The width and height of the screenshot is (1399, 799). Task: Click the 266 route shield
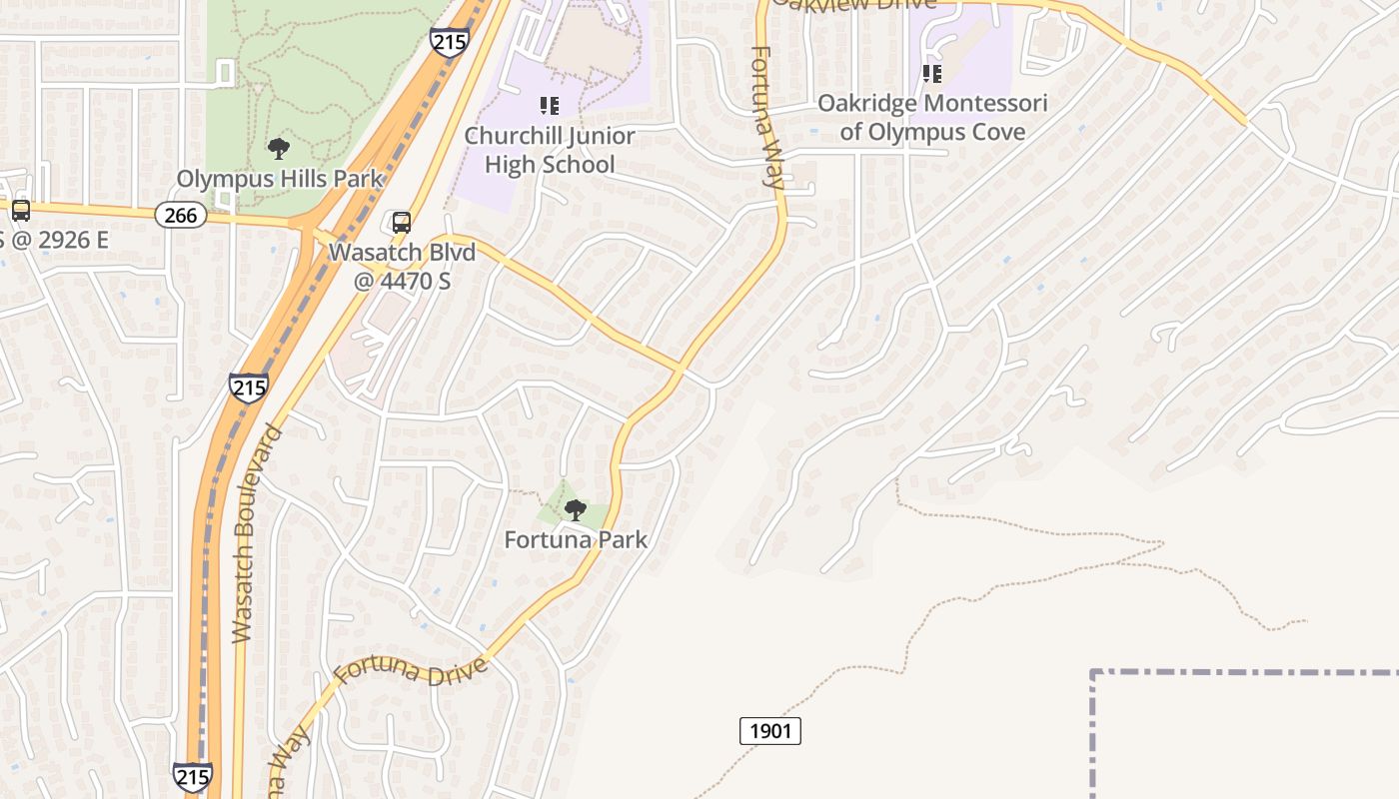pyautogui.click(x=181, y=215)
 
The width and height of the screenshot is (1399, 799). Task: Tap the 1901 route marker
pyautogui.click(x=770, y=731)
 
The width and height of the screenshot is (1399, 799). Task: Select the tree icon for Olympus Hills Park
pyautogui.click(x=279, y=150)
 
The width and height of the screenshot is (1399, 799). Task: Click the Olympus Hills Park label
pyautogui.click(x=280, y=180)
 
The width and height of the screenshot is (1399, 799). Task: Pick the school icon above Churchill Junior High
pyautogui.click(x=549, y=105)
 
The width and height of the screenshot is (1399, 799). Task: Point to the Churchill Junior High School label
pyautogui.click(x=550, y=150)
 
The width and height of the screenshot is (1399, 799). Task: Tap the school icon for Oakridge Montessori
pyautogui.click(x=932, y=73)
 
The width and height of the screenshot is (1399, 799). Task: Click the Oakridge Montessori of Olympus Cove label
pyautogui.click(x=932, y=118)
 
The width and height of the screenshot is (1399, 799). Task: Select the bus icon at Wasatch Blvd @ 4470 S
pyautogui.click(x=402, y=223)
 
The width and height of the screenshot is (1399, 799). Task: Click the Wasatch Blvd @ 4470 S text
pyautogui.click(x=402, y=266)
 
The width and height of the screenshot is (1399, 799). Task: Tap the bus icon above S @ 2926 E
pyautogui.click(x=20, y=211)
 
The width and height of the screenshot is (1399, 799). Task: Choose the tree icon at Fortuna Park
pyautogui.click(x=575, y=510)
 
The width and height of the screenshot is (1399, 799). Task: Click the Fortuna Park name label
pyautogui.click(x=576, y=540)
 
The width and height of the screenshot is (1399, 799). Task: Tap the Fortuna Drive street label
pyautogui.click(x=411, y=671)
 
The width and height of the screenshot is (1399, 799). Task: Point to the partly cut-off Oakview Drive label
pyautogui.click(x=854, y=4)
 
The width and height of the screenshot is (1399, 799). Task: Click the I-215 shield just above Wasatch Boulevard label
pyautogui.click(x=248, y=388)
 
